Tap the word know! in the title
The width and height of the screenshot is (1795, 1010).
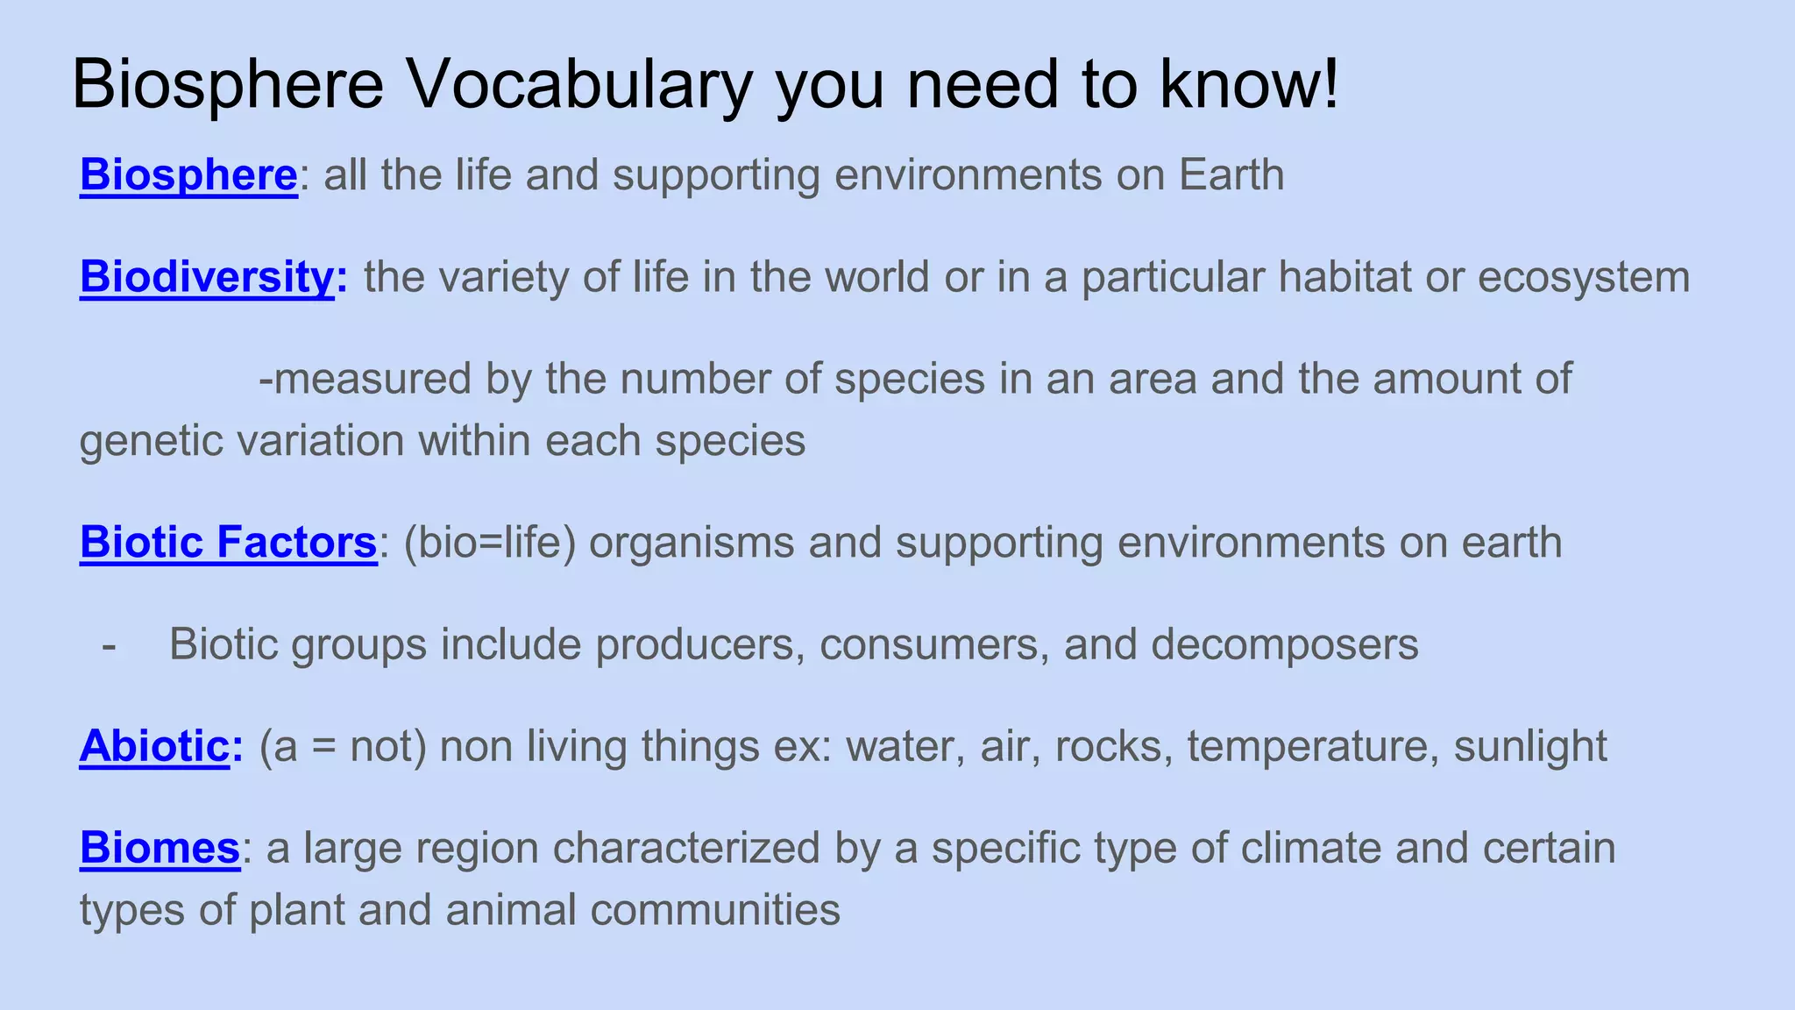1250,85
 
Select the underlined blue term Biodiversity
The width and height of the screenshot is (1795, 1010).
207,277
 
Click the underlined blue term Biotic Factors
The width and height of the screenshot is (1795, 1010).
228,542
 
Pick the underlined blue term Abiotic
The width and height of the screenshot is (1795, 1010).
154,746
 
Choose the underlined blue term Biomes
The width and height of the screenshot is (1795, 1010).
160,848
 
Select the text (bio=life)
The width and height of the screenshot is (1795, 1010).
490,542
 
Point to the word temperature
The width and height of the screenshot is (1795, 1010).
1312,746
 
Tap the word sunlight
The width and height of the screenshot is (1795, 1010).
1530,746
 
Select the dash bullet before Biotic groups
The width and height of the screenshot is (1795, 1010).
110,645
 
